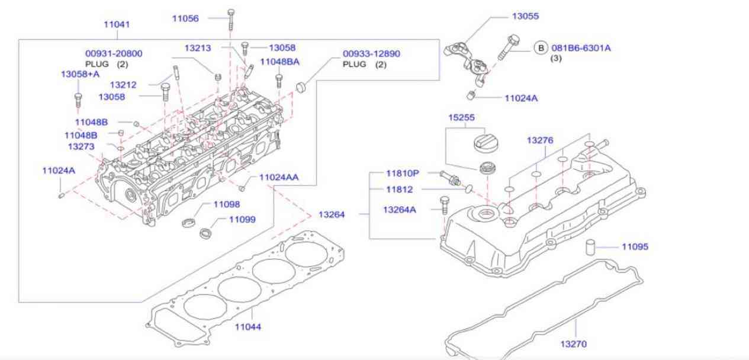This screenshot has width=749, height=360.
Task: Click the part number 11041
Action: coord(117,24)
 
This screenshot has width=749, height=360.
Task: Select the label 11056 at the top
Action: coord(185,18)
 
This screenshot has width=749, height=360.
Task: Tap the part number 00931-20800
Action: coord(114,53)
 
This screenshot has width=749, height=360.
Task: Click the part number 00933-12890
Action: coord(371,53)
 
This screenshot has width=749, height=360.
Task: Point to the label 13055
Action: coord(525,16)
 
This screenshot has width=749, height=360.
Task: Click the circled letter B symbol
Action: coord(541,47)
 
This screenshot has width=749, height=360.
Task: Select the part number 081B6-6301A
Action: coord(581,47)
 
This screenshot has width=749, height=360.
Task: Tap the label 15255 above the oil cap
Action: coord(461,117)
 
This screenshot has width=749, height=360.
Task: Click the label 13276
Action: coord(540,140)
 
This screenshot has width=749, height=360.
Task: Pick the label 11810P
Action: coord(403,173)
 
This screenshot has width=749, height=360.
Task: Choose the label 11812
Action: coord(399,189)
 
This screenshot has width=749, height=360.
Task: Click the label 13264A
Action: coord(399,209)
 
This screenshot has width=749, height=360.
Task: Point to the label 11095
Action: coord(635,246)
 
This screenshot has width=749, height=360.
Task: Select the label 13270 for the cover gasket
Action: coord(573,343)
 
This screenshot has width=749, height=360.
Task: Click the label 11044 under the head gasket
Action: coord(247,326)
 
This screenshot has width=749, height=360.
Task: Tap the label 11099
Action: coord(242,219)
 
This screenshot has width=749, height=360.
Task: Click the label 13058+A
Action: coord(80,74)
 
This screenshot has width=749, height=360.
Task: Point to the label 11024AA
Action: coord(279,176)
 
